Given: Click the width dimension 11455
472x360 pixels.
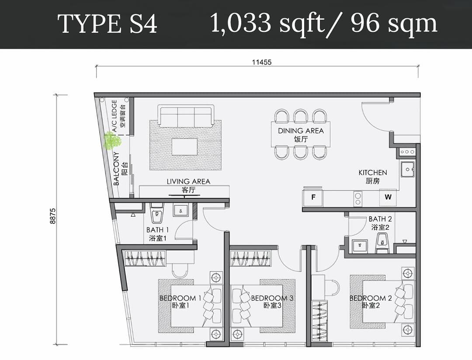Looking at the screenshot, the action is click(x=262, y=62).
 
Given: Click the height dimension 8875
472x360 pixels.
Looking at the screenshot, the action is click(x=53, y=216).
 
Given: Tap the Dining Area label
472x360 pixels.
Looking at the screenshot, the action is click(x=301, y=135).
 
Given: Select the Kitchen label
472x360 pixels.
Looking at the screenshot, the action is click(x=373, y=177).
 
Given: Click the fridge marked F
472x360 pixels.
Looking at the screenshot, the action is click(x=313, y=197).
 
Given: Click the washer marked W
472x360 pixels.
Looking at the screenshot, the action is click(x=388, y=197).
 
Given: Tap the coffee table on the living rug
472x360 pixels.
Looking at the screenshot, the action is click(x=184, y=147).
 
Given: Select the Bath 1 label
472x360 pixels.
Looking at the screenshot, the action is click(x=157, y=234).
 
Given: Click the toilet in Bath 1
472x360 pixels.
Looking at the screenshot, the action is click(x=156, y=212).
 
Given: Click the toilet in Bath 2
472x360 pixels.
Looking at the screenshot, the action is click(x=382, y=243).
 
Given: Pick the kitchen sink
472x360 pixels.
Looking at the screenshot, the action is click(x=408, y=169).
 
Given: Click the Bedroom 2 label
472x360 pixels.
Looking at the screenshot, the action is click(x=371, y=301).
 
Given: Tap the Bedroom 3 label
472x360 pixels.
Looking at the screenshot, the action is click(x=272, y=301).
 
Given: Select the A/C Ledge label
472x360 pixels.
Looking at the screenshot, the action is click(x=118, y=116).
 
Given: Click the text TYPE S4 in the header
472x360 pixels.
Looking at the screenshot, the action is click(x=108, y=24).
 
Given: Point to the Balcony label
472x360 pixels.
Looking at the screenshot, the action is click(x=120, y=169).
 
